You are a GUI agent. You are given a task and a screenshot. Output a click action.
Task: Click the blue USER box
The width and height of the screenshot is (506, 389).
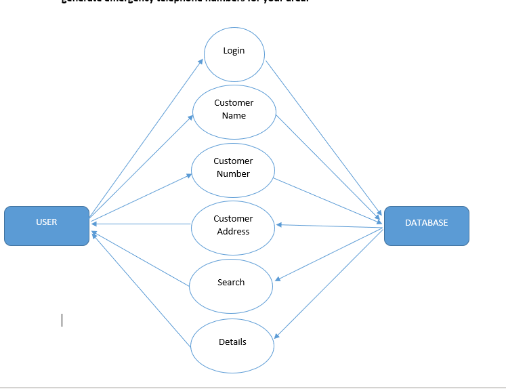47,226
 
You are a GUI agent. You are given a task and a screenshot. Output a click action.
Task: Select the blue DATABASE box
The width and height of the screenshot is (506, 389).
426,226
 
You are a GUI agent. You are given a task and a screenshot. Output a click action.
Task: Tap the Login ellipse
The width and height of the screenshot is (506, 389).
234,54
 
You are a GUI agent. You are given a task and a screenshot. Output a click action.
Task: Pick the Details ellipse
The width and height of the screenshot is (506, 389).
232,345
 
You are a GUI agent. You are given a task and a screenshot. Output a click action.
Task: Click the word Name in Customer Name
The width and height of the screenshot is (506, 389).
234,116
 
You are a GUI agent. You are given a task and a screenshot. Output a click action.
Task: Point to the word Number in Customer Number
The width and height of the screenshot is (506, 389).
233,174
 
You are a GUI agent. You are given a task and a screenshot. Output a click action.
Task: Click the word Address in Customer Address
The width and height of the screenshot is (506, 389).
233,232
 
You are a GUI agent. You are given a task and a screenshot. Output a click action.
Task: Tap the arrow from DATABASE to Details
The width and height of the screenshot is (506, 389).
329,283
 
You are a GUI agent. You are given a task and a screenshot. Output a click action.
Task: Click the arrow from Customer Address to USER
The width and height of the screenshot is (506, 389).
141,224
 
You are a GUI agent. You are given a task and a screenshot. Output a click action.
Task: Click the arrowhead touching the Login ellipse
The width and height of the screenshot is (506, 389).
201,62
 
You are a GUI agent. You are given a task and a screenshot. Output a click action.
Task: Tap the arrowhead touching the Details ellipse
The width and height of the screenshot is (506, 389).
276,335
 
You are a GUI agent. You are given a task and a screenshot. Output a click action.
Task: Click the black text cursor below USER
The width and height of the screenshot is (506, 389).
62,320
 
